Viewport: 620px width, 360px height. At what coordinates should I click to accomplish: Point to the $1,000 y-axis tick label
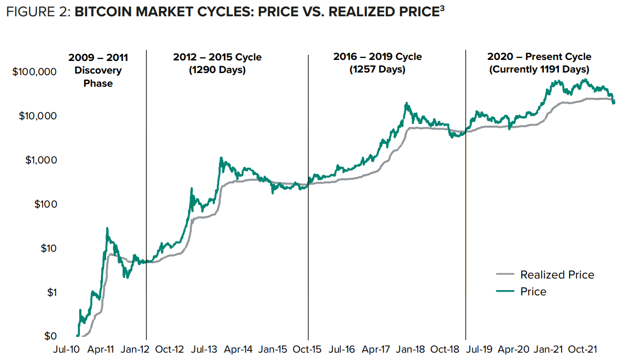pyautogui.click(x=40, y=160)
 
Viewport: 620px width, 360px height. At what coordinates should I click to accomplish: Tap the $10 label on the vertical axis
pyautogui.click(x=47, y=248)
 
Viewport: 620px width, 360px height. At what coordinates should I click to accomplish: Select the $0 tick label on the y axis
pyautogui.click(x=49, y=336)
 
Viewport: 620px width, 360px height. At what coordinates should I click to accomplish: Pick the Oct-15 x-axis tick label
pyautogui.click(x=308, y=349)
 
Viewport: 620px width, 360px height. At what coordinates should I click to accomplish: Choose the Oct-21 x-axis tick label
pyautogui.click(x=583, y=349)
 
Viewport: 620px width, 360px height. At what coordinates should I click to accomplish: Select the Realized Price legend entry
pyautogui.click(x=557, y=274)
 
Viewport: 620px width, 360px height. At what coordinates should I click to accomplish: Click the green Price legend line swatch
pyautogui.click(x=505, y=292)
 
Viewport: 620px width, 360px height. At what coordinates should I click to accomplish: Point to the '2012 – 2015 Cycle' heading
pyautogui.click(x=217, y=57)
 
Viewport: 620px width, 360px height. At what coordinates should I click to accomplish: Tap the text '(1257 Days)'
pyautogui.click(x=377, y=69)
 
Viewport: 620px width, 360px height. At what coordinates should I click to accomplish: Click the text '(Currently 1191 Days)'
pyautogui.click(x=539, y=69)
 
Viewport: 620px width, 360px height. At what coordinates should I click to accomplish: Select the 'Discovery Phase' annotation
pyautogui.click(x=98, y=77)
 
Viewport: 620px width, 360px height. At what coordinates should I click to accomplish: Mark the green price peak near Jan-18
pyautogui.click(x=407, y=104)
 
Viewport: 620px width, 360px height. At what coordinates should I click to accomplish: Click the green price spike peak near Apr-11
pyautogui.click(x=107, y=228)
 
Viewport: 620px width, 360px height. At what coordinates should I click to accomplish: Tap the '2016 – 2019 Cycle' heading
pyautogui.click(x=377, y=57)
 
